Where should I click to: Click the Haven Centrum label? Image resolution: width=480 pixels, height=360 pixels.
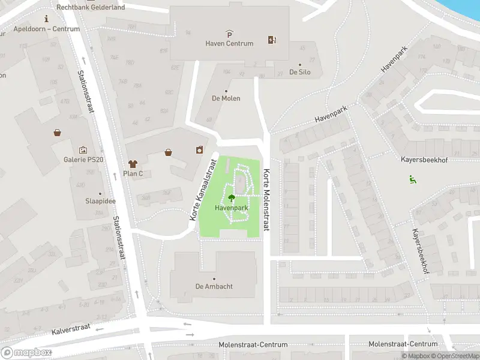[229, 43]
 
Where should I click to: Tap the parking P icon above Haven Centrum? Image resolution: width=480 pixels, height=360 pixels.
[229, 34]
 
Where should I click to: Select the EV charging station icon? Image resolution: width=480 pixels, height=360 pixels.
[272, 40]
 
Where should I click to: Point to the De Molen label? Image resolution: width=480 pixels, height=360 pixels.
[226, 98]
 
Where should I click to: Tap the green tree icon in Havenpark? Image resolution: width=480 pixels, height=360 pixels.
[232, 197]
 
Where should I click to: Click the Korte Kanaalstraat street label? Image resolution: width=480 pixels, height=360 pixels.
[203, 189]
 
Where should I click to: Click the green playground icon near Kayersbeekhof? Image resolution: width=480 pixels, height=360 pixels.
[412, 178]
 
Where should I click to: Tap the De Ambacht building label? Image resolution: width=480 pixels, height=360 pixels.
[214, 286]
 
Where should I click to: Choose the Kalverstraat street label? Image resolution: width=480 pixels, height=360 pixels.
[71, 327]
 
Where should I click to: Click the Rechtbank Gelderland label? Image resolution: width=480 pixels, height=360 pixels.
[91, 7]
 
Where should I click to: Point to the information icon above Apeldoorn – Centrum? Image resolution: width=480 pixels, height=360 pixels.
[47, 19]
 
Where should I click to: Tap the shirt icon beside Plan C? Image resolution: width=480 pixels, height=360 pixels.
[133, 164]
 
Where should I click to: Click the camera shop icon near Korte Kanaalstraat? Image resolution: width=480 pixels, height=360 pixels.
[199, 150]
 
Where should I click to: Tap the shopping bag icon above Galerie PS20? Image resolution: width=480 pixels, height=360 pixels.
[57, 133]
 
